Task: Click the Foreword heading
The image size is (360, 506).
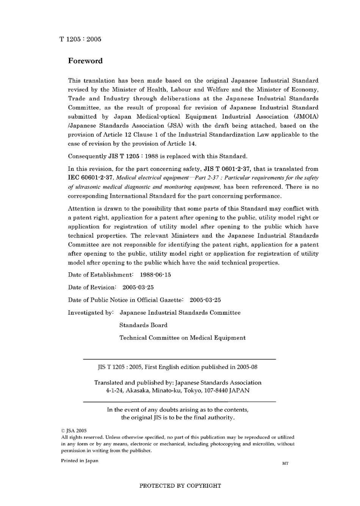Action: [x=85, y=61]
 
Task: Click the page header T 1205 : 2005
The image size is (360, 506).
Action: [x=80, y=39]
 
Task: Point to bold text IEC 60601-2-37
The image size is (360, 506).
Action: [x=90, y=178]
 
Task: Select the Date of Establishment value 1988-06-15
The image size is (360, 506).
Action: [x=155, y=275]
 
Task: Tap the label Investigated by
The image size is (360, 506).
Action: [x=91, y=312]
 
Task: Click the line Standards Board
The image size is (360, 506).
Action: [x=143, y=325]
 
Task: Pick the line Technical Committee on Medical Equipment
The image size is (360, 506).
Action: [x=182, y=338]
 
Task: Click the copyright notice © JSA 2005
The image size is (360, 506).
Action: [x=74, y=431]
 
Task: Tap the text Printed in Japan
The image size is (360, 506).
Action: [x=80, y=461]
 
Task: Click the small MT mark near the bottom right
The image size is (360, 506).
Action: [x=285, y=463]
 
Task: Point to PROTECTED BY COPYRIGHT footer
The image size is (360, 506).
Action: [x=180, y=486]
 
